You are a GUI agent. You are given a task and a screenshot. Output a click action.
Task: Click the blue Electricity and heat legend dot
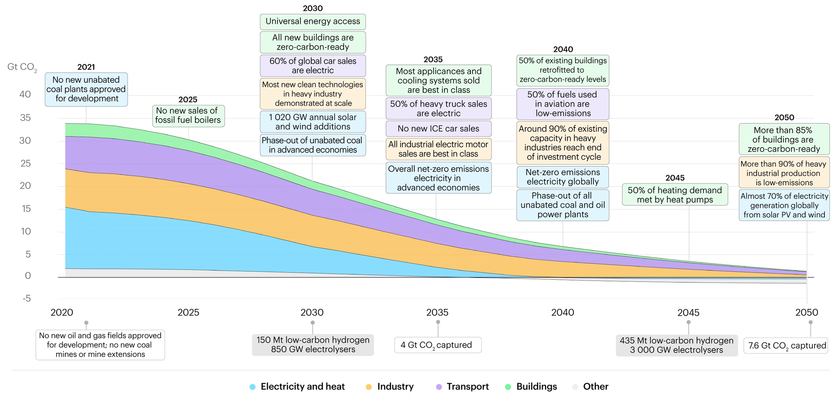252,387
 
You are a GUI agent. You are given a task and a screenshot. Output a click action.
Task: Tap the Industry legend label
395,387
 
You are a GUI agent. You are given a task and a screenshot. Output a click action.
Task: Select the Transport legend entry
467,387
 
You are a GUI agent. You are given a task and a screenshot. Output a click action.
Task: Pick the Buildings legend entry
537,387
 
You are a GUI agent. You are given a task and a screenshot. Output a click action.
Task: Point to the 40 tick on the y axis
25,94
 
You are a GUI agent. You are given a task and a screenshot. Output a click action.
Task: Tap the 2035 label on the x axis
437,313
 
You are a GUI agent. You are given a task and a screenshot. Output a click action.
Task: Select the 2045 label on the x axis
688,313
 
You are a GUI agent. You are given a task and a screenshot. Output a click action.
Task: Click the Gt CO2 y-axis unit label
22,67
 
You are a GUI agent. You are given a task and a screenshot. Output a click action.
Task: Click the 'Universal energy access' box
313,21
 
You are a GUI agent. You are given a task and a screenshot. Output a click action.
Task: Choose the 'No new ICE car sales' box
438,129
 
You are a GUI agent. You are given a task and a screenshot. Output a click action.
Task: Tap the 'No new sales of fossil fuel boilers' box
188,116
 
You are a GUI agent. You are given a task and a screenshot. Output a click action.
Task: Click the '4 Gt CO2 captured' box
438,345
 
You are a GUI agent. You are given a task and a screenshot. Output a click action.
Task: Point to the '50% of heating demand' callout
675,195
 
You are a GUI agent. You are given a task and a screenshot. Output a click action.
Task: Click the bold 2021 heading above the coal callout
86,67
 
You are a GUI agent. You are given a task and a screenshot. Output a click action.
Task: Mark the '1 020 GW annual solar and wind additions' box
313,122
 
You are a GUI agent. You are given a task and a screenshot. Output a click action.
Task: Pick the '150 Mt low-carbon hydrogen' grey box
313,345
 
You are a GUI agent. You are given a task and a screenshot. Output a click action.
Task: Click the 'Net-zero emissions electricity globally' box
562,177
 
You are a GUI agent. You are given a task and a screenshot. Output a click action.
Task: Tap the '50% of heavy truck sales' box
438,109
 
